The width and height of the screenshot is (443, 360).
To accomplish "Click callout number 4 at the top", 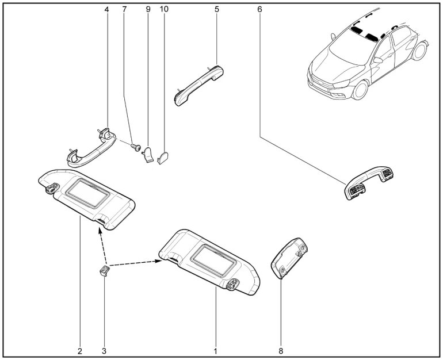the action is [x=106, y=10].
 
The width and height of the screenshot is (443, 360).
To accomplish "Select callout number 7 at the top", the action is [x=125, y=10].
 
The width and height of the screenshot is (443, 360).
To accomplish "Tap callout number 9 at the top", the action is [x=148, y=10].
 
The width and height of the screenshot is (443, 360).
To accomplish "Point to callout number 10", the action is [x=164, y=10].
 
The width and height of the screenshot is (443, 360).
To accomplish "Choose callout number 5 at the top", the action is [x=217, y=10].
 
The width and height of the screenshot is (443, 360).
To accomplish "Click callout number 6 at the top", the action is [x=259, y=10].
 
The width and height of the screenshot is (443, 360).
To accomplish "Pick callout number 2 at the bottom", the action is [x=79, y=351].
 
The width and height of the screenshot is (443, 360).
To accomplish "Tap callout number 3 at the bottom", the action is [x=104, y=351].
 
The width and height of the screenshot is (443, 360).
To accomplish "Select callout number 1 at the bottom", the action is [x=216, y=351].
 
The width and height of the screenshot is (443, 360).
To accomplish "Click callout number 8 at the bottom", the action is [x=281, y=351].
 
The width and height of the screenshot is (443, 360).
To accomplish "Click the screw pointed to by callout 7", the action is [x=136, y=147].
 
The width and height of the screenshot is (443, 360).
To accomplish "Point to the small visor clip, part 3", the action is [x=104, y=270].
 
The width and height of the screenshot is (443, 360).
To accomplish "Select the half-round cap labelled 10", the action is [x=163, y=158].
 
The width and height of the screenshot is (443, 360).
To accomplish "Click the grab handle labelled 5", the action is [x=198, y=85].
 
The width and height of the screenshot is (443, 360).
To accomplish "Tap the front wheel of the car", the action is [x=360, y=90].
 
